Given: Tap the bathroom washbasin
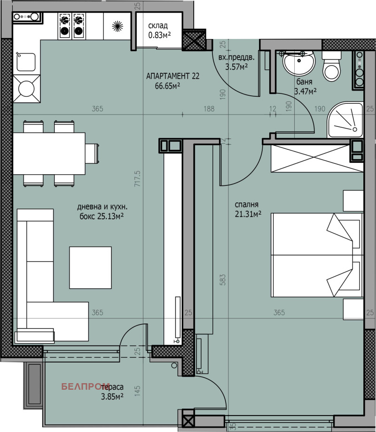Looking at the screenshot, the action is (298, 63).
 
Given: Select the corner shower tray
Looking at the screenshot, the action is (345, 120).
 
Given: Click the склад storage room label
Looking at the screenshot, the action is (158, 26).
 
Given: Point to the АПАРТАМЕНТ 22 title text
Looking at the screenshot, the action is (172, 76).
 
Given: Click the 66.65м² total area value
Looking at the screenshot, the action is (167, 85).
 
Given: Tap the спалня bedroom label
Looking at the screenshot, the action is (247, 204).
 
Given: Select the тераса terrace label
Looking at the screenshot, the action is (112, 387).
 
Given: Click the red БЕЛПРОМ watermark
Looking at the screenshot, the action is (85, 386).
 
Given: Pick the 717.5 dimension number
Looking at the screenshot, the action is (137, 179).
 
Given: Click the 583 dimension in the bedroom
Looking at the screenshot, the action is (223, 279).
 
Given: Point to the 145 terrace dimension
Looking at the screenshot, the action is (137, 391).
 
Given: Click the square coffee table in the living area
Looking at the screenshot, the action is (91, 268).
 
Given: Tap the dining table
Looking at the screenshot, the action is (49, 154).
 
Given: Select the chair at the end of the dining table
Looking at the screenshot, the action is (92, 154).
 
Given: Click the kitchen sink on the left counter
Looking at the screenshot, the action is (26, 62).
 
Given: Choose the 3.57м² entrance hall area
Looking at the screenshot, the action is (236, 66).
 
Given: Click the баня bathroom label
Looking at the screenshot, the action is (304, 82).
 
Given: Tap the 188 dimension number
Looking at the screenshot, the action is (209, 109).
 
